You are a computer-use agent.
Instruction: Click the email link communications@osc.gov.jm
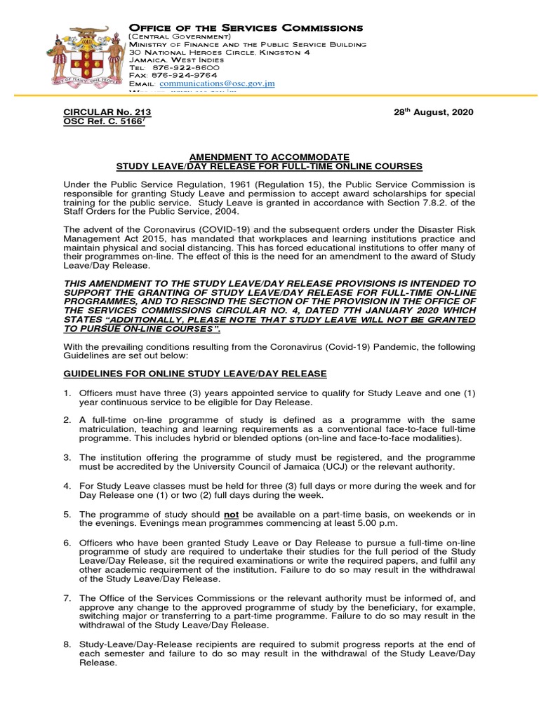coord(218,83)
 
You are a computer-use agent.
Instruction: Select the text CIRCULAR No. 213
coord(107,112)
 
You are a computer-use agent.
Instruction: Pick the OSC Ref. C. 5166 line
coord(106,121)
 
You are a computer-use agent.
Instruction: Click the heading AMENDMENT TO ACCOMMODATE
coord(269,156)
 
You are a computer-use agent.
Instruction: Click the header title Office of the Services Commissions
coord(246,28)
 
